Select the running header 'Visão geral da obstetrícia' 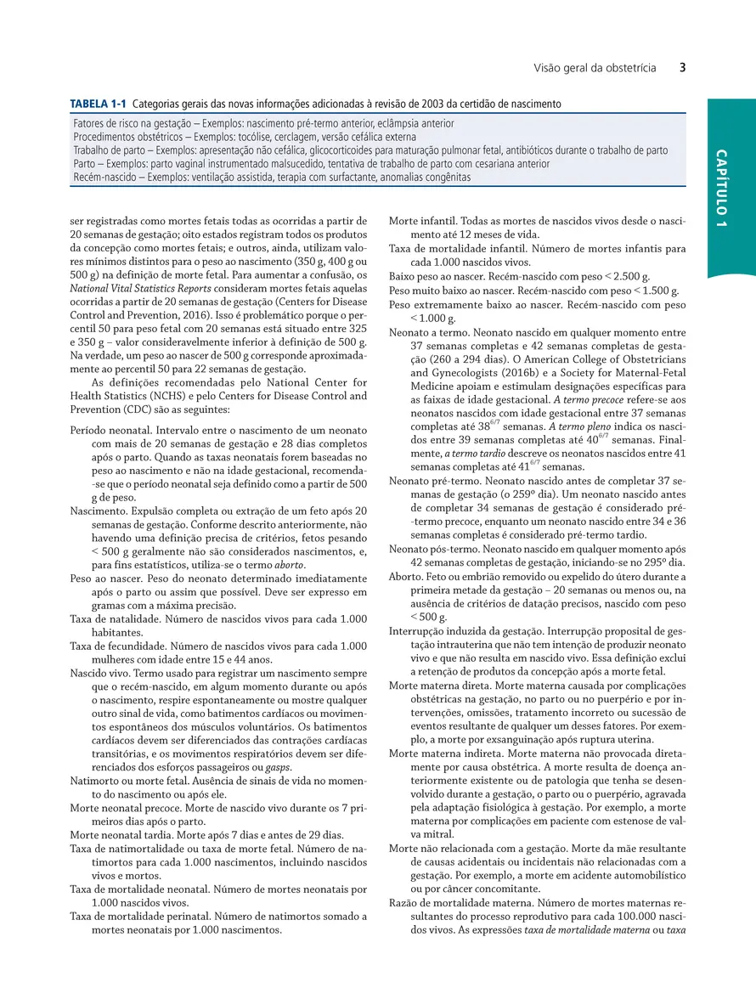coord(595,68)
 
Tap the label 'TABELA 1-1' coord(98,104)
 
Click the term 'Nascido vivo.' coord(104,674)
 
